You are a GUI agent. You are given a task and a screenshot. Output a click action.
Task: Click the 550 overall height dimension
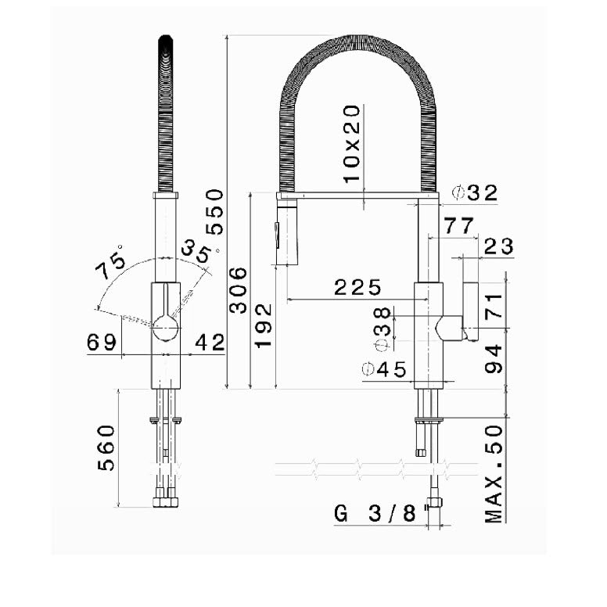[214, 212]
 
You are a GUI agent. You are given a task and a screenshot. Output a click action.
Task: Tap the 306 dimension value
[238, 290]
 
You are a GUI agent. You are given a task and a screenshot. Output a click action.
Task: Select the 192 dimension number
[264, 325]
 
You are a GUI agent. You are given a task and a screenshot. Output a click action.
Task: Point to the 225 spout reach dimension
[357, 287]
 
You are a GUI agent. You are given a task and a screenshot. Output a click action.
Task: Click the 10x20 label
[352, 144]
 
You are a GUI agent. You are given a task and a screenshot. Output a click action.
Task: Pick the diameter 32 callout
[476, 192]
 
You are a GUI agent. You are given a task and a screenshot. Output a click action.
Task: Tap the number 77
[458, 226]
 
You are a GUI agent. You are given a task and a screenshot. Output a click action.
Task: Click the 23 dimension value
[498, 246]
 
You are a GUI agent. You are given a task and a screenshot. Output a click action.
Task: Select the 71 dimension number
[494, 306]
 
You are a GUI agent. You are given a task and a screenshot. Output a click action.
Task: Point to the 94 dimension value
[494, 359]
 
